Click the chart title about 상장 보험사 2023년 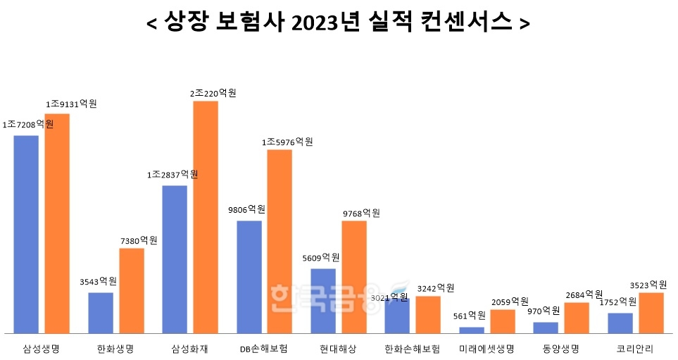[338, 23]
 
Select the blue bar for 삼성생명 [26, 234]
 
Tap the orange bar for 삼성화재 [206, 217]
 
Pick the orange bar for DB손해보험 [280, 241]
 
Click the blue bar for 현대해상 [323, 300]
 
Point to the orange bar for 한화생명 [132, 290]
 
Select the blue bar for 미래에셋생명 [472, 330]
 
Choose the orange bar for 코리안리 [651, 312]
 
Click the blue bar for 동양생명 [546, 328]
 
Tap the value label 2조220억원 [213, 93]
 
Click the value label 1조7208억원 [28, 124]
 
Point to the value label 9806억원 [246, 210]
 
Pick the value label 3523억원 [648, 285]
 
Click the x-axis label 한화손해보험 [413, 349]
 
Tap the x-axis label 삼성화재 [189, 349]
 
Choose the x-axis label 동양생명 [561, 349]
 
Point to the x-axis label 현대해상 [338, 349]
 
